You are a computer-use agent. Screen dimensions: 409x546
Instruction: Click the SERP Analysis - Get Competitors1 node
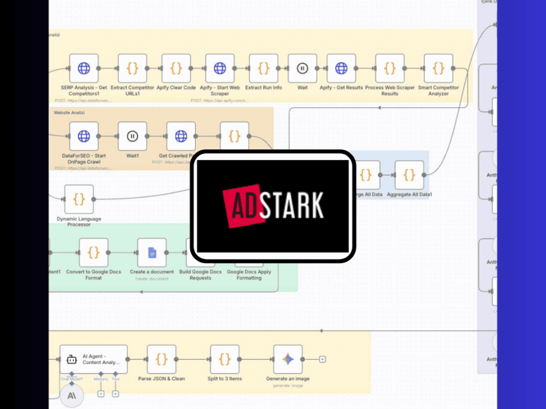[x=84, y=69]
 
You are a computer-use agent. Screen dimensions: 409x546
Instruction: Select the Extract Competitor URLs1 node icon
[x=133, y=69]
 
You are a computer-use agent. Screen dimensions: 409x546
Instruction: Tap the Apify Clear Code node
[x=176, y=69]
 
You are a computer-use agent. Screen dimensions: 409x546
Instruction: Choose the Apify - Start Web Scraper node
[x=220, y=69]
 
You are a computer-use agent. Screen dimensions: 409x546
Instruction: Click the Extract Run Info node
[x=263, y=69]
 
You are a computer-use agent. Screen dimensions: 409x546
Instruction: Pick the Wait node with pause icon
[x=303, y=69]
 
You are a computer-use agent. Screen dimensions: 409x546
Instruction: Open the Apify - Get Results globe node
[x=341, y=69]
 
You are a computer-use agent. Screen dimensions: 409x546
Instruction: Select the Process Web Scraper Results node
[x=390, y=69]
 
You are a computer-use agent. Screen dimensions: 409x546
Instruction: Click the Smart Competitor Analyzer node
[x=439, y=69]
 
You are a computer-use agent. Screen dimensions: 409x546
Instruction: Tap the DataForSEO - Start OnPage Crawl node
[x=84, y=136]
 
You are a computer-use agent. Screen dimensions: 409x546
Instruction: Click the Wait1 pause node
[x=133, y=136]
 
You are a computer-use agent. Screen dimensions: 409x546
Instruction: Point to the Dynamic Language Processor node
[x=79, y=199]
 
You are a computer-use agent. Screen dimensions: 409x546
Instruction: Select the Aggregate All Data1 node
[x=409, y=175]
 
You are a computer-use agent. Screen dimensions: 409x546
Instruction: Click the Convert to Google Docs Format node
[x=94, y=253]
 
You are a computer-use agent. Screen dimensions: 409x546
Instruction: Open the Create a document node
[x=152, y=253]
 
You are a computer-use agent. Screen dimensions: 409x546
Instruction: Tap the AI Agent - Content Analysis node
[x=93, y=359]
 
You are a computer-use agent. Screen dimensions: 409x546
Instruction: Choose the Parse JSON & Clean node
[x=162, y=359]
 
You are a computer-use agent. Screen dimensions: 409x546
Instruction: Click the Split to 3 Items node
[x=225, y=359]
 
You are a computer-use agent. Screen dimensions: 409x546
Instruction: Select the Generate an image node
[x=288, y=359]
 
